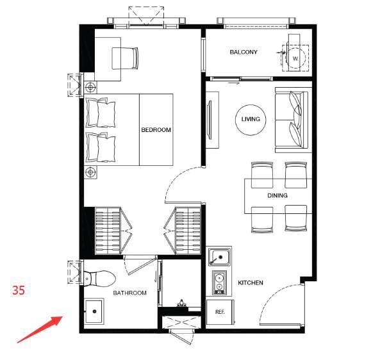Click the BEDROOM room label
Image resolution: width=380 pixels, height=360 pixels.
pos(156,130)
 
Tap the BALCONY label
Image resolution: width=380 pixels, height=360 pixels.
pos(244,52)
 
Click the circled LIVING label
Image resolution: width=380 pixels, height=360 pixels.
pos(251,119)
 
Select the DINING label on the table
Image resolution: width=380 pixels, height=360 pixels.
pos(277,195)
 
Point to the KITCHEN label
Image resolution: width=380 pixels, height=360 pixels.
pos(251,282)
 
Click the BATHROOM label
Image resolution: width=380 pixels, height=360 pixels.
pos(129,293)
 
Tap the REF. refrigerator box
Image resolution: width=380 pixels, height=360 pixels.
pos(220,312)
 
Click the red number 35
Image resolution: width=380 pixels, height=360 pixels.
pos(19,290)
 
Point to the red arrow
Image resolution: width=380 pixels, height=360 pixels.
pos(40,329)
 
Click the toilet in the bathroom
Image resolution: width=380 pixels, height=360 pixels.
pos(99,279)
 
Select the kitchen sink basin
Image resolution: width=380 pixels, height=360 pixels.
pos(220,258)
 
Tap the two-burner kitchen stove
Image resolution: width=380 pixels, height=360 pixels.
pos(220,282)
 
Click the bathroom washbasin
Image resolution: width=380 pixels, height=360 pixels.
pos(94,311)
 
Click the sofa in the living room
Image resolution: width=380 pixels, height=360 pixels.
pos(292,120)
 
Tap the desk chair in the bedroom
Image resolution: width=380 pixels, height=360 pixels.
pos(125,58)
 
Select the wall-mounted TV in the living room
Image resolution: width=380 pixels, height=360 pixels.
pos(210,120)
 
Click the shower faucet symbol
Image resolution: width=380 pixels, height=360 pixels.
pos(181,304)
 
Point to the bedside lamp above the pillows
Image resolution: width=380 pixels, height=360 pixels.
pos(90,87)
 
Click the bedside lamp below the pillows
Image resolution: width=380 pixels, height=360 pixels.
pos(90,172)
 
